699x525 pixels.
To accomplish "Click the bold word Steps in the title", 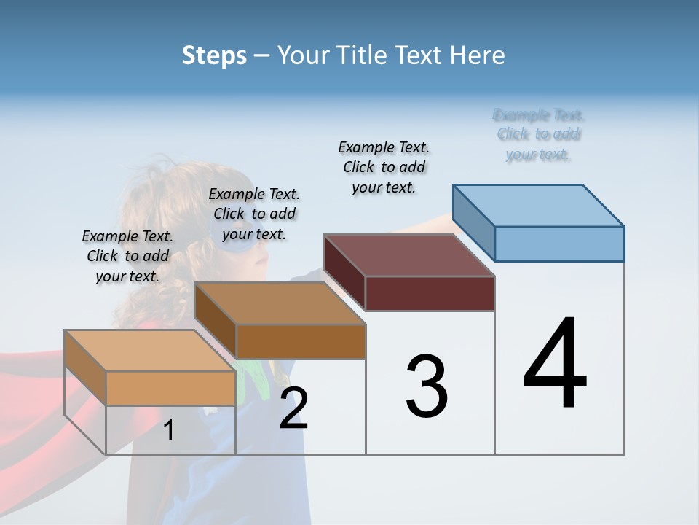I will [214, 55].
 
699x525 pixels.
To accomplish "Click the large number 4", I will [555, 365].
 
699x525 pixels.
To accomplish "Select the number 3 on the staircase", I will [427, 386].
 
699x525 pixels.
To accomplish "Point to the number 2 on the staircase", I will [293, 408].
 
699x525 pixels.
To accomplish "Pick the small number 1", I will [168, 431].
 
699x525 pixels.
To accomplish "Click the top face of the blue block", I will [539, 205].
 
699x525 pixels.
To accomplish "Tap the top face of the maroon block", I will [409, 255].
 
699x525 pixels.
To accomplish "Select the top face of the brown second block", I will [280, 303].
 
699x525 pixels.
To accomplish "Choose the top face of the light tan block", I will [150, 351].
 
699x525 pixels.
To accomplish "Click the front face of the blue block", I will [559, 244].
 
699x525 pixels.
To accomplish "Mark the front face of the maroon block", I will [430, 293].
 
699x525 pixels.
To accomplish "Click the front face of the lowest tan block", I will [170, 388].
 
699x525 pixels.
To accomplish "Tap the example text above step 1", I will [127, 256].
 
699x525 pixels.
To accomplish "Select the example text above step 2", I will [254, 214].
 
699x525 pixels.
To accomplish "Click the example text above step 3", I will [384, 167].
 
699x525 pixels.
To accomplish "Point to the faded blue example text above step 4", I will [539, 134].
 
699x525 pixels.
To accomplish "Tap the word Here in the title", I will [478, 55].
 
